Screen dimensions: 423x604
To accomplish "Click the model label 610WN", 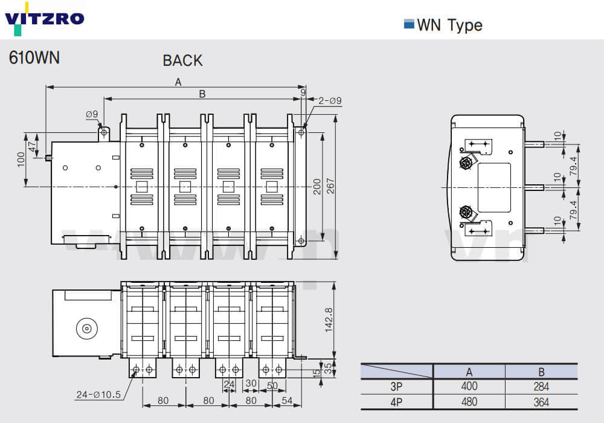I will click(x=34, y=58).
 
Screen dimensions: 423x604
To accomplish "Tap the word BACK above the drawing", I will click(x=182, y=60).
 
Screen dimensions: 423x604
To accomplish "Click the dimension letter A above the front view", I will click(x=178, y=83).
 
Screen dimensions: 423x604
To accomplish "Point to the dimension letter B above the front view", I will click(x=202, y=94).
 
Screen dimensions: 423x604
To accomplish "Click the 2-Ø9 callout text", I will click(x=329, y=100).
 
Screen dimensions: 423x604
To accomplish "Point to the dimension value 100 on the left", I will click(x=21, y=159).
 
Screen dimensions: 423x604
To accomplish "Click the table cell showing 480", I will click(x=469, y=401).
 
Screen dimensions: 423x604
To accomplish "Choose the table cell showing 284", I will click(x=541, y=386).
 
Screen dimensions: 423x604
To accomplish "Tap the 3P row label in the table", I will click(x=396, y=386).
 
